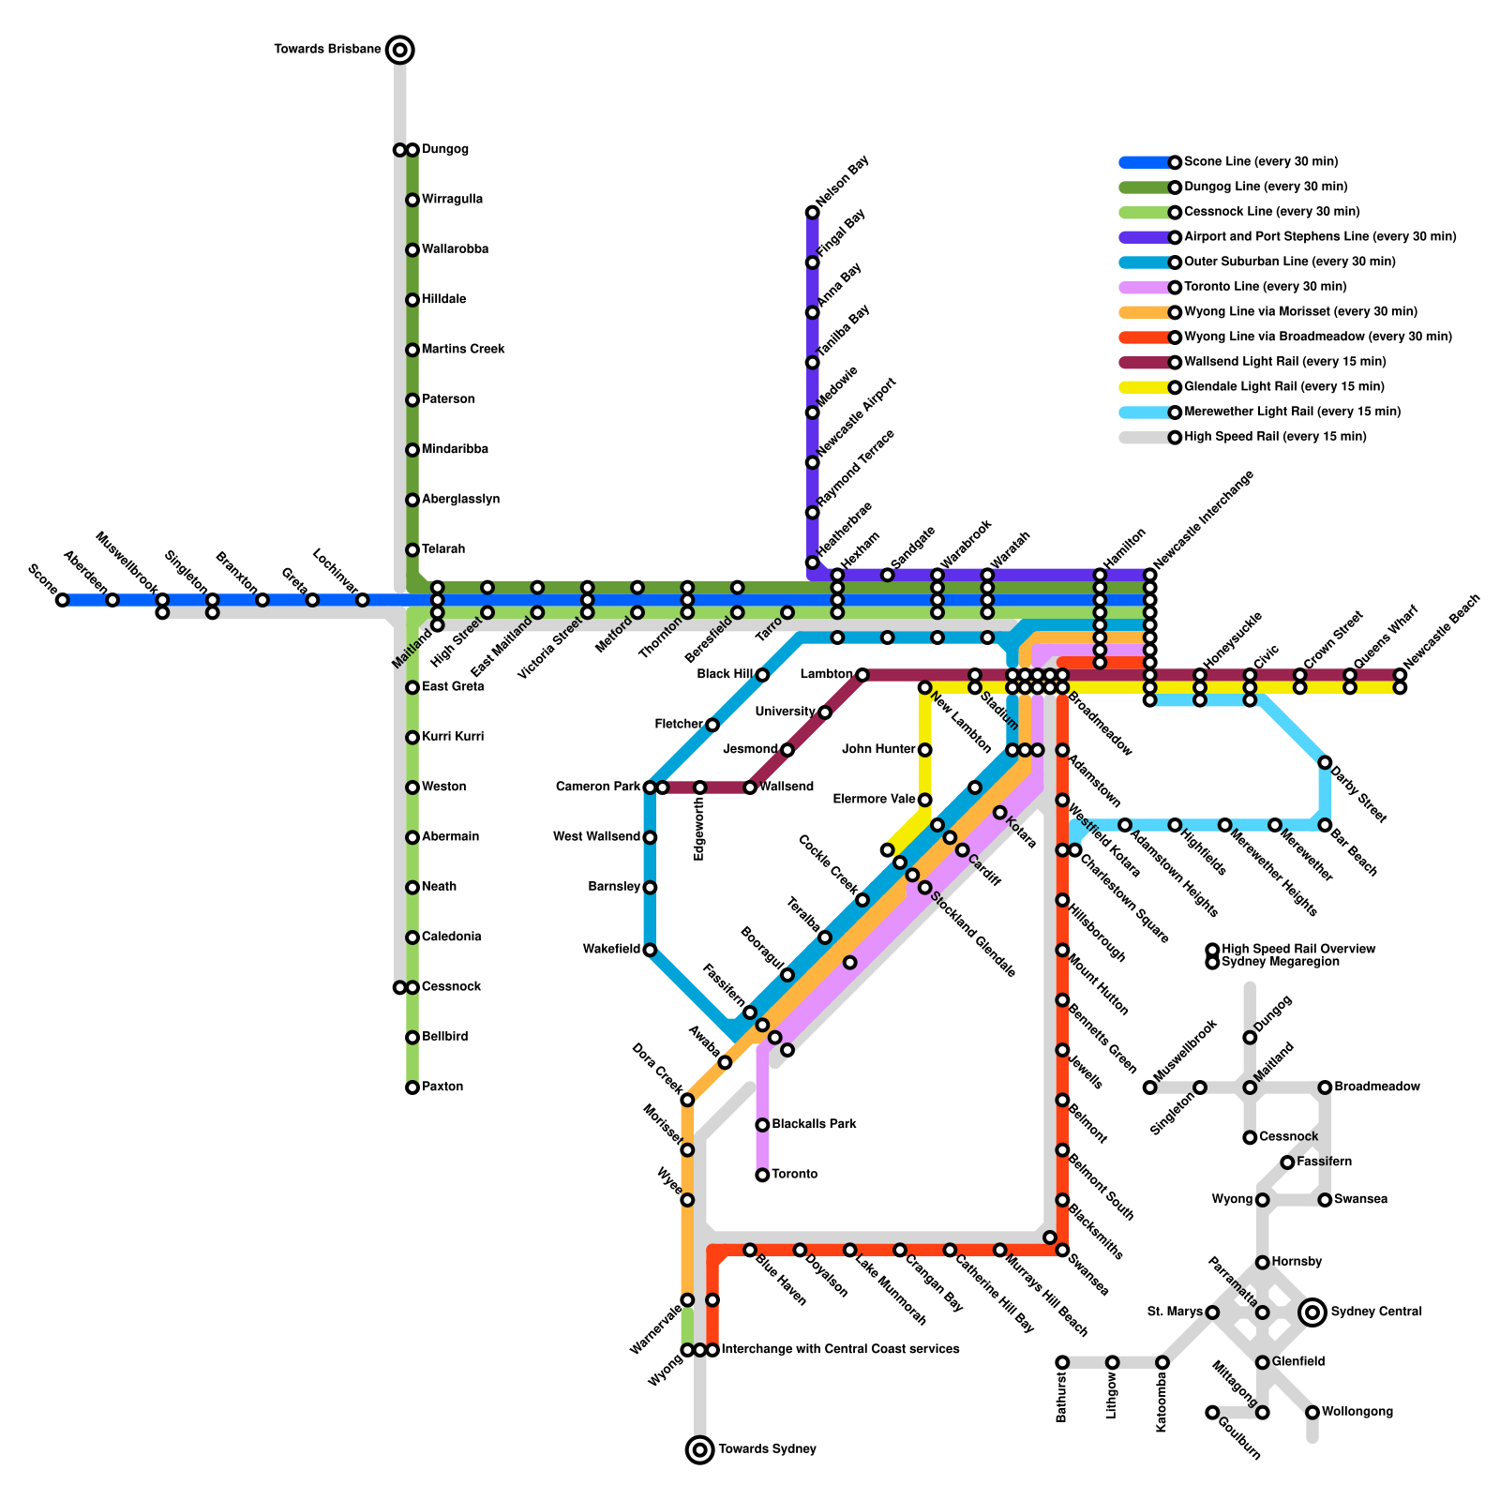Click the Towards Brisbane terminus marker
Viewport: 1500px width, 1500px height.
[400, 50]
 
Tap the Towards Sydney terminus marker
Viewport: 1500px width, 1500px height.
[699, 1449]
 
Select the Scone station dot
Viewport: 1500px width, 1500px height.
[62, 600]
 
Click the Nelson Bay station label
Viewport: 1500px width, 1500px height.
[843, 182]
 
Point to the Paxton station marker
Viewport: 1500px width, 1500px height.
[412, 1087]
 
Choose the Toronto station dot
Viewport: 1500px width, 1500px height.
[762, 1175]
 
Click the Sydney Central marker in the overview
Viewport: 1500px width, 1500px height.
[1312, 1312]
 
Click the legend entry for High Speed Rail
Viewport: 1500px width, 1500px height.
[1275, 437]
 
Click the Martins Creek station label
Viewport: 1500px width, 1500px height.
[463, 350]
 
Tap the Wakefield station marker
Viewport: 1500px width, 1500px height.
[650, 950]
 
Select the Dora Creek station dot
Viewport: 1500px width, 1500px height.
[687, 1100]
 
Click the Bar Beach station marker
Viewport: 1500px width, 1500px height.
[1325, 825]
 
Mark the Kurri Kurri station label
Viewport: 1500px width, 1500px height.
[453, 737]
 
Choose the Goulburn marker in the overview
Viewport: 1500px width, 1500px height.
[1212, 1412]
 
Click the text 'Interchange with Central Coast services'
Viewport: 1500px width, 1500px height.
[840, 1350]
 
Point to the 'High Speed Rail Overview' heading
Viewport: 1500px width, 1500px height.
[1298, 949]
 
